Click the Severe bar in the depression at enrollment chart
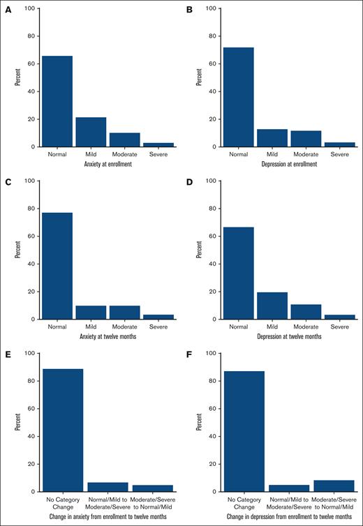[340, 144]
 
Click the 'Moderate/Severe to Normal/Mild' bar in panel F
[334, 486]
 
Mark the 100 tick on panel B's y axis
[215, 8]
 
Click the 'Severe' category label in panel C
[158, 326]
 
